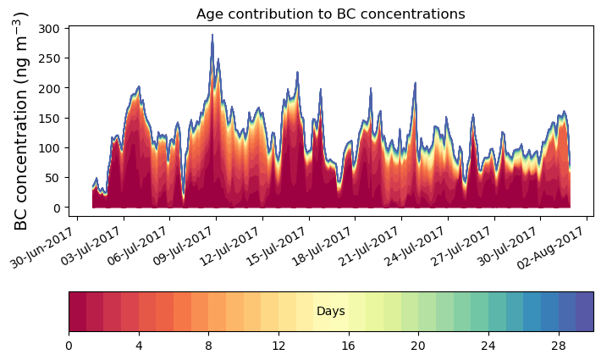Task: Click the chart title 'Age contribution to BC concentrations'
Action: (330, 14)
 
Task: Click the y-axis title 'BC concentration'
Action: (21, 120)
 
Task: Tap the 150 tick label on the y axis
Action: (49, 118)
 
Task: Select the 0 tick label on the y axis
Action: (56, 208)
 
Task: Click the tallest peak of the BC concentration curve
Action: (212, 36)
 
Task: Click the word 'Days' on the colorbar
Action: (330, 312)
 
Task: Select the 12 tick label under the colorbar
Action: (278, 346)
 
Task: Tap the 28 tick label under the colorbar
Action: (558, 346)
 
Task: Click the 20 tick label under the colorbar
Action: (418, 346)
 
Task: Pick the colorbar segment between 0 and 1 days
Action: (77, 312)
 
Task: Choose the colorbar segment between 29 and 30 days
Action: (584, 312)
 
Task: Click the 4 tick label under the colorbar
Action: (139, 346)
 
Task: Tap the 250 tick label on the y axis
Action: (49, 58)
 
